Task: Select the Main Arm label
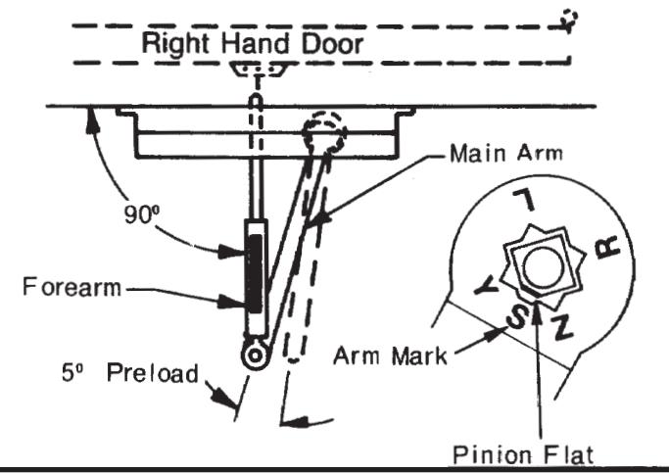(506, 153)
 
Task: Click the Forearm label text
(72, 287)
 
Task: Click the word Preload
(153, 373)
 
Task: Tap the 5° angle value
(72, 372)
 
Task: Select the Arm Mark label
(390, 355)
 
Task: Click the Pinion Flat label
(523, 454)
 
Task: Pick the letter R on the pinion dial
(607, 248)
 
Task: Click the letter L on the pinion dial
(524, 200)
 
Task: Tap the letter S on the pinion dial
(517, 316)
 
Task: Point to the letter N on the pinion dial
(561, 327)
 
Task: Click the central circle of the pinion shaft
(542, 268)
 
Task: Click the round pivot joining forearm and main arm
(255, 355)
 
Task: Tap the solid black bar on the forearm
(255, 273)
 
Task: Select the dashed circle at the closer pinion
(324, 132)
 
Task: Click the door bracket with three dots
(258, 70)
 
